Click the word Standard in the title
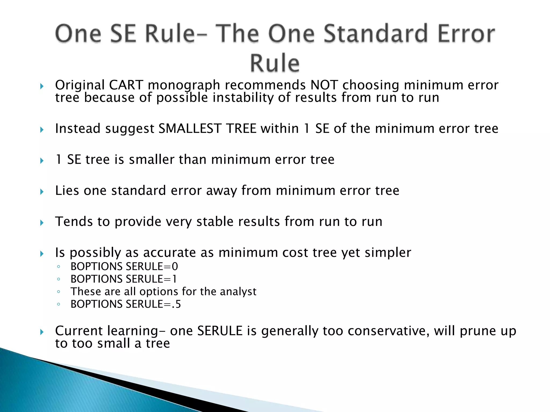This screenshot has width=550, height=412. pos(375,34)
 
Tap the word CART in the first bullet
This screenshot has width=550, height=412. pos(126,85)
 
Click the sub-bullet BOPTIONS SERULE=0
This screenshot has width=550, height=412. pos(124,267)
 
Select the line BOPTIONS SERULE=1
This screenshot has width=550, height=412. pos(124,279)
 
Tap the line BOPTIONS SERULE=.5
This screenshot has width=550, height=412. pos(126,304)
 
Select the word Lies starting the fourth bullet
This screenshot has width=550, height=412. pos(67,191)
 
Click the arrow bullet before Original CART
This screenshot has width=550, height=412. pos(42,86)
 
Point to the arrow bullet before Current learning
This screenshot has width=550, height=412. pos(42,332)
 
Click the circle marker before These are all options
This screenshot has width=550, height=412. pos(59,292)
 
